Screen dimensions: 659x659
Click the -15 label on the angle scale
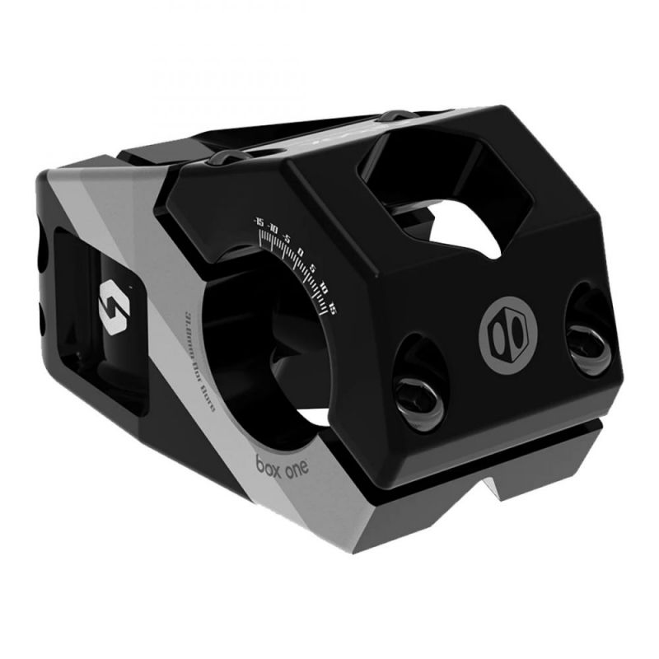click(x=259, y=222)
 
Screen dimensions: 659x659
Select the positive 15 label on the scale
click(x=332, y=307)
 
